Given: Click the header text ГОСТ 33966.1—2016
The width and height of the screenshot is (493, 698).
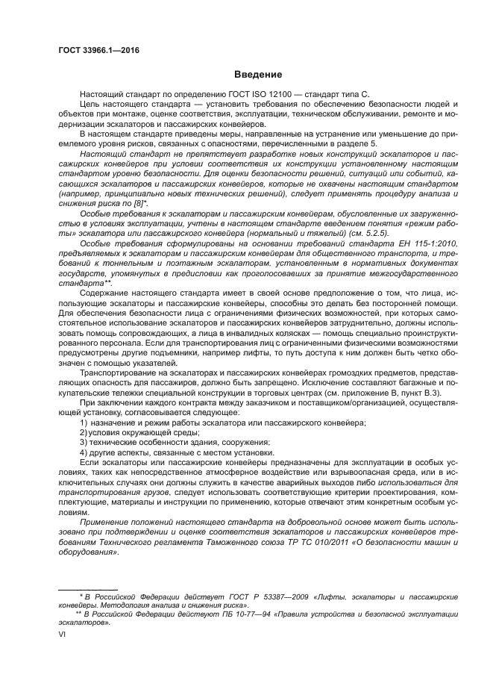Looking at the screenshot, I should pyautogui.click(x=98, y=50).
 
